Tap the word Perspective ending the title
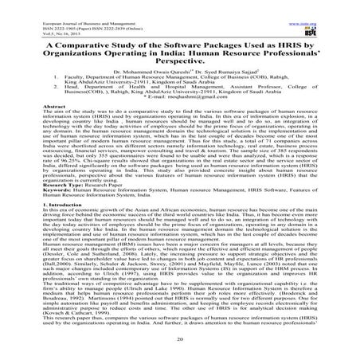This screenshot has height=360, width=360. pos(180,57)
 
